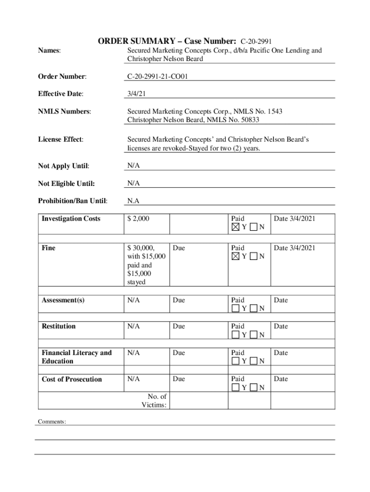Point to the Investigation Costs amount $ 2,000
pyautogui.click(x=138, y=219)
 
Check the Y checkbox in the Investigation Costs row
pyautogui.click(x=235, y=227)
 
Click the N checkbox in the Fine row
pyautogui.click(x=254, y=257)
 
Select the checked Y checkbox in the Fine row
pyautogui.click(x=235, y=257)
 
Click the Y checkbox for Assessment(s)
pyautogui.click(x=235, y=308)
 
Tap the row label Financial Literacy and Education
pyautogui.click(x=76, y=357)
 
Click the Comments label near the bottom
pyautogui.click(x=51, y=422)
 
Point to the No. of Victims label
pyautogui.click(x=154, y=401)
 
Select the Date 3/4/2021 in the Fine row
pyautogui.click(x=295, y=248)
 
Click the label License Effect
pyautogui.click(x=61, y=139)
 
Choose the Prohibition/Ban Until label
pyautogui.click(x=73, y=201)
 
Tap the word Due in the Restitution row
pyautogui.click(x=178, y=326)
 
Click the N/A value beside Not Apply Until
pyautogui.click(x=134, y=166)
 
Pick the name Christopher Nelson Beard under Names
pyautogui.click(x=165, y=59)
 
